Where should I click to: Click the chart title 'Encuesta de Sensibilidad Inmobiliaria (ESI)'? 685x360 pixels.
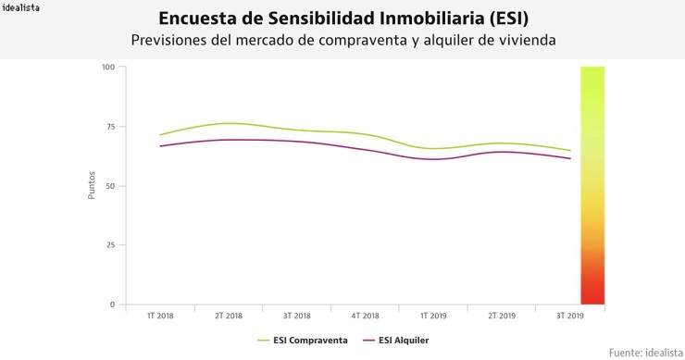coord(343,19)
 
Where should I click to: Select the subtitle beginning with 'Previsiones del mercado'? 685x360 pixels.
coord(343,41)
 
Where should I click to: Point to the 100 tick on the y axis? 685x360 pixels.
coord(107,68)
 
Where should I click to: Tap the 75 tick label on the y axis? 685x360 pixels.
coord(109,127)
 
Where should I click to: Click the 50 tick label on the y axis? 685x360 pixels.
coord(109,186)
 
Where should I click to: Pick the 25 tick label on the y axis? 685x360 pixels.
coord(109,245)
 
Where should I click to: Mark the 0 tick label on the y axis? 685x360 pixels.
coord(112,304)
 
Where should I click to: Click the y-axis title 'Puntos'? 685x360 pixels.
coord(92,186)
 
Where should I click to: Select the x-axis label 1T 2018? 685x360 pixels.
coord(160,317)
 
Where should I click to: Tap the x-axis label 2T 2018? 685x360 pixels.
coord(228,317)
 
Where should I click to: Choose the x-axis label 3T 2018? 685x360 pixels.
coord(296,317)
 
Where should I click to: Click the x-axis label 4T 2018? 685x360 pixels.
coord(365,317)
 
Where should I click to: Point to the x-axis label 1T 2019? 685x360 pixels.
coord(433,317)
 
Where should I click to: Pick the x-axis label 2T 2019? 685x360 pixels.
coord(501,317)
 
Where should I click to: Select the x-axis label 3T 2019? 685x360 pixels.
coord(569,317)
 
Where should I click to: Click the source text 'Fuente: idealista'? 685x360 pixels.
coord(644,352)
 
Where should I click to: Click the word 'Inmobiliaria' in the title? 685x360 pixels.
coord(413,19)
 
